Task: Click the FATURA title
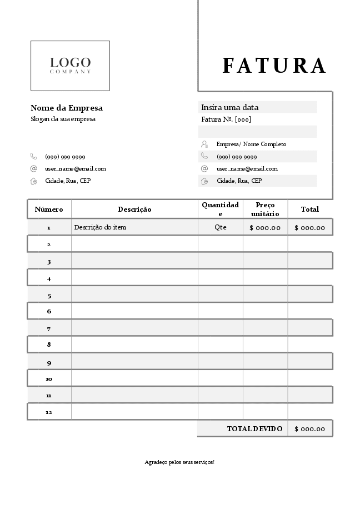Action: [x=274, y=66]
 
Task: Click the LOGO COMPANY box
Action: [x=70, y=66]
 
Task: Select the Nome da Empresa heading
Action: [x=67, y=108]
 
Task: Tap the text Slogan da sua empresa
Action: [x=63, y=119]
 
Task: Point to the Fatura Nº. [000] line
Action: [x=226, y=119]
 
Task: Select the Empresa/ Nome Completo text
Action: [x=251, y=144]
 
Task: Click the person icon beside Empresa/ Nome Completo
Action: [x=204, y=144]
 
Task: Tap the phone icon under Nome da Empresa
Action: [x=34, y=157]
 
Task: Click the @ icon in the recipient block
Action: [x=204, y=168]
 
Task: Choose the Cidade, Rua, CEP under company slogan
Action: [x=68, y=181]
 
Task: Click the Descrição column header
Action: [x=134, y=209]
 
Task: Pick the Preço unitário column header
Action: [x=265, y=209]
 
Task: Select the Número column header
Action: [x=49, y=209]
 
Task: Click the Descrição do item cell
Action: [x=104, y=227]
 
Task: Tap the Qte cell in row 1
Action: [x=221, y=227]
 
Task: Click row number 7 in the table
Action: [x=49, y=328]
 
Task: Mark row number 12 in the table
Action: [x=49, y=412]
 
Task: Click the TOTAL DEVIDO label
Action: [x=254, y=429]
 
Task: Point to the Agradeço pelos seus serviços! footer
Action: [x=179, y=462]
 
